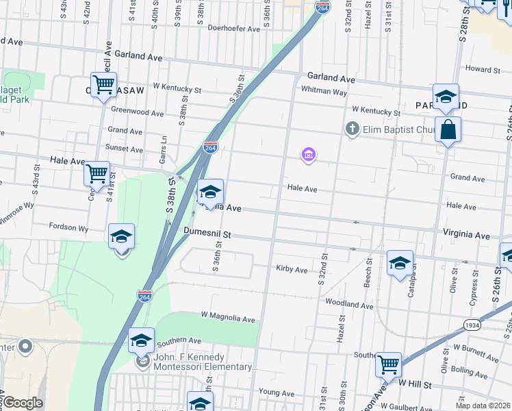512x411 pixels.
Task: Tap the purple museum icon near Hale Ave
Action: pos(309,155)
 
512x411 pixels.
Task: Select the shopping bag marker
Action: pos(447,129)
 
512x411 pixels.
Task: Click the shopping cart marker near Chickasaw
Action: pos(103,85)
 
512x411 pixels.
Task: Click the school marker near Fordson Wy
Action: pos(121,236)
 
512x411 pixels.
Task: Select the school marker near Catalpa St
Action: pos(400,263)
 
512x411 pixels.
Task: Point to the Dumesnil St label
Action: pos(207,234)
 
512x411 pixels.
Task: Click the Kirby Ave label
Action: pos(292,269)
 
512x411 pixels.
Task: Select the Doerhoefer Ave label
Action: pos(234,29)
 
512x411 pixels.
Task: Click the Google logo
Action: pos(23,403)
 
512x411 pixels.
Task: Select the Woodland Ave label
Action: pos(348,303)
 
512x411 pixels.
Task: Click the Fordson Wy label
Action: pos(68,227)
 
